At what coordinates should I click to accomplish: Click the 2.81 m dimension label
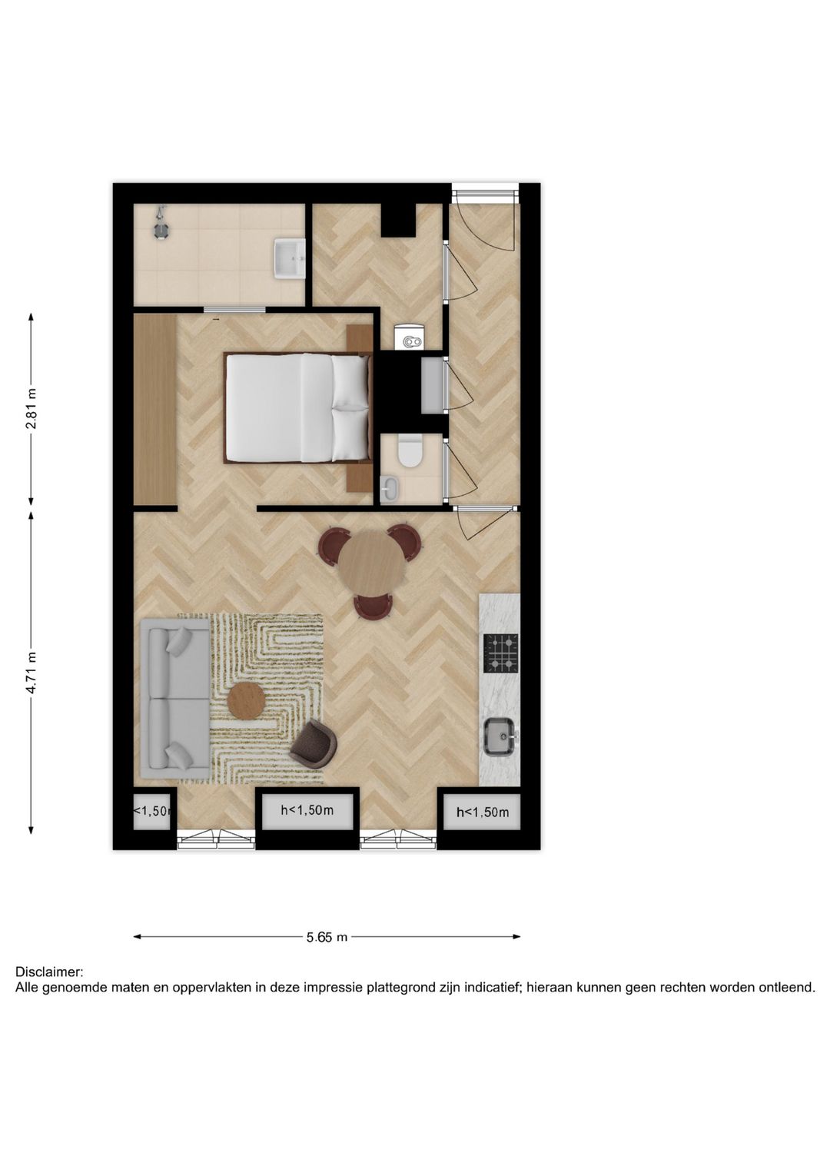(31, 409)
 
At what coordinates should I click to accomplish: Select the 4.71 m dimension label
(31, 673)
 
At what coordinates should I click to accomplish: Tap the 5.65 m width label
(327, 937)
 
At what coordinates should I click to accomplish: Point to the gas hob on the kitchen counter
(500, 653)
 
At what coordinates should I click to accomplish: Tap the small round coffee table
(247, 700)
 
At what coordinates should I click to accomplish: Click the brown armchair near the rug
(314, 743)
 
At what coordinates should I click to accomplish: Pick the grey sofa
(175, 699)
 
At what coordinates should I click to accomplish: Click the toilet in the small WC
(410, 453)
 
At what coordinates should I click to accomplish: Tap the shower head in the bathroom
(161, 224)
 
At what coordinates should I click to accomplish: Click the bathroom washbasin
(290, 258)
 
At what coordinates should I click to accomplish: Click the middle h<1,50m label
(307, 810)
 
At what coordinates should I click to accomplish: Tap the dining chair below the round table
(374, 606)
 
